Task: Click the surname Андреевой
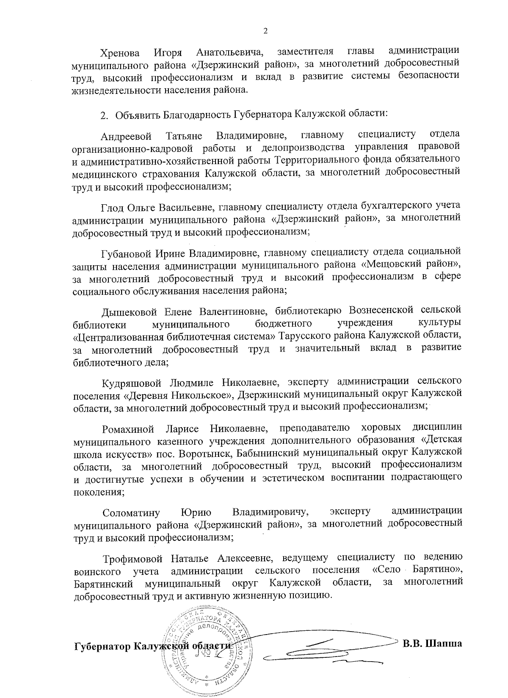[126, 137]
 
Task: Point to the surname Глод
[112, 207]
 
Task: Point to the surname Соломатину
[131, 513]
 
